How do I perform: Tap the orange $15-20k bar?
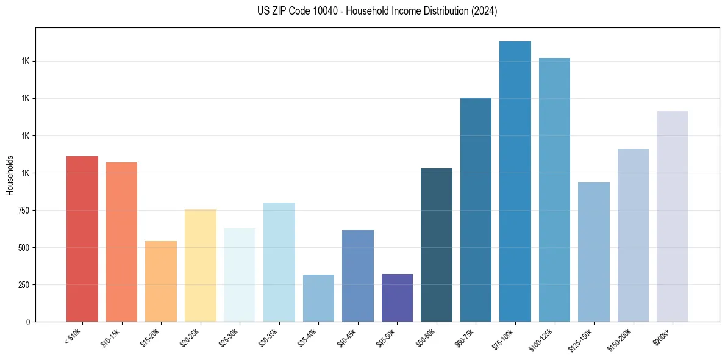tap(161, 281)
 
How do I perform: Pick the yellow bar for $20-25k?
tap(200, 265)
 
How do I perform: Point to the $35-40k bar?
tap(318, 298)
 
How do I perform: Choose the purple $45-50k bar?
tap(397, 298)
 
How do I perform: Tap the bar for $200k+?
tap(673, 217)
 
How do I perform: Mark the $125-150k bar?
tap(594, 252)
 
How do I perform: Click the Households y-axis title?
tap(10, 175)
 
